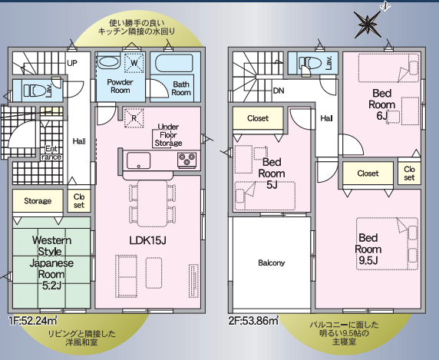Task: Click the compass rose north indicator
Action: (369, 23)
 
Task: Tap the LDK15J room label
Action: (148, 240)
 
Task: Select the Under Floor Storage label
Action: (168, 135)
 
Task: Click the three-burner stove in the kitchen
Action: (187, 160)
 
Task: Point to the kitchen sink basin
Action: (138, 160)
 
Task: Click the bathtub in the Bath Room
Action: (173, 63)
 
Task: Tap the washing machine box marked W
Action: (134, 63)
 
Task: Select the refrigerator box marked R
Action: (134, 118)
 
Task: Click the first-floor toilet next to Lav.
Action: (35, 91)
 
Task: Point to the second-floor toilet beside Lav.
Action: (309, 63)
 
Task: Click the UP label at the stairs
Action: (72, 63)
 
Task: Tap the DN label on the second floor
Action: (279, 91)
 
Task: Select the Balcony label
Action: (271, 263)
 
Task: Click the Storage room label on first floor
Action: (38, 201)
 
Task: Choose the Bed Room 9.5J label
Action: (368, 249)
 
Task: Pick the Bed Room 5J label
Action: (272, 173)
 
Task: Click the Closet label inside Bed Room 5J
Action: (258, 118)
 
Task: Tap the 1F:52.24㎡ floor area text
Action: (33, 321)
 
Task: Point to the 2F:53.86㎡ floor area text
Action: (253, 321)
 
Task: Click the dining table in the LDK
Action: (152, 203)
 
